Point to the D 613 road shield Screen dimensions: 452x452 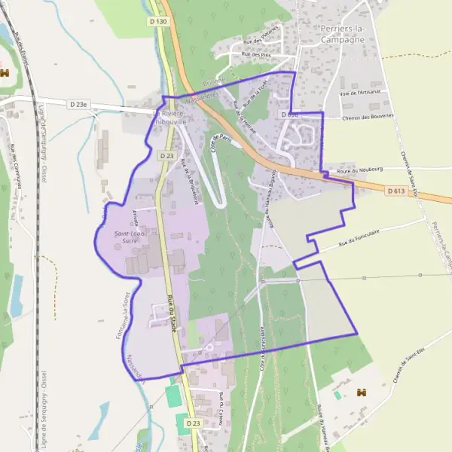click(x=397, y=191)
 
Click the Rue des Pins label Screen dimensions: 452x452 click(x=256, y=55)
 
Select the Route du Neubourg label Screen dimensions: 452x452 click(x=356, y=172)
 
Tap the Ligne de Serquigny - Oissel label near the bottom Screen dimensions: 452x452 click(x=44, y=411)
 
